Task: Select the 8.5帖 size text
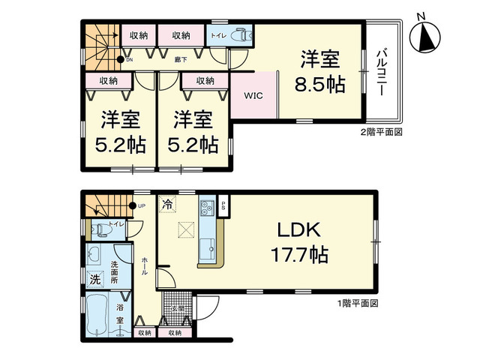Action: pyautogui.click(x=323, y=84)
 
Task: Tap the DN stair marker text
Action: pyautogui.click(x=129, y=60)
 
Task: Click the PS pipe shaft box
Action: pyautogui.click(x=223, y=206)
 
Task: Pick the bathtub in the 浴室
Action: pyautogui.click(x=99, y=316)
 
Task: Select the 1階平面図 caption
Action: pyautogui.click(x=358, y=304)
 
